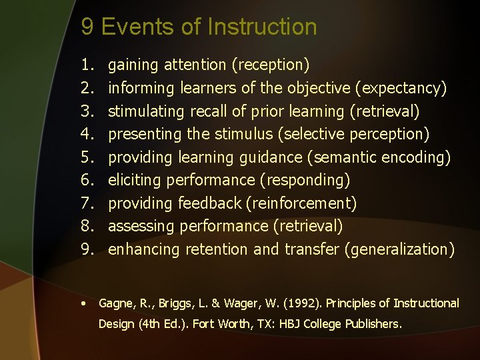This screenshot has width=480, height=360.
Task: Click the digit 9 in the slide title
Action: tap(87, 27)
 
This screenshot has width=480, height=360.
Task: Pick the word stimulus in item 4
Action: tap(243, 134)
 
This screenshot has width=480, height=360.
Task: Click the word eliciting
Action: tap(135, 180)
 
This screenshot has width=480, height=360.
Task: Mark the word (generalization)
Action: tap(400, 249)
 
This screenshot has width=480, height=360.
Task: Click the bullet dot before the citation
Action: tap(83, 303)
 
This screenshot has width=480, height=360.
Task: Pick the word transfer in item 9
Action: tap(311, 249)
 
